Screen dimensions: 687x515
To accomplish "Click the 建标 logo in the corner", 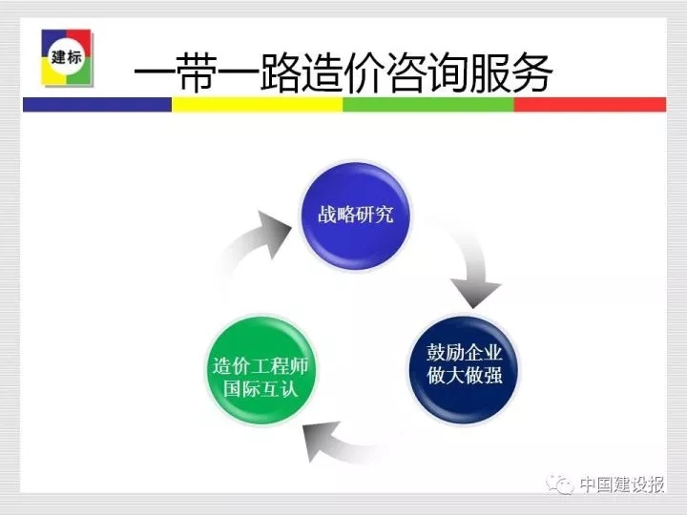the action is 67,57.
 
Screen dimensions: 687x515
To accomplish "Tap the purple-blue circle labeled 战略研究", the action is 354,216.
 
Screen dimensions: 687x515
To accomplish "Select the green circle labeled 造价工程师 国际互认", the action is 261,370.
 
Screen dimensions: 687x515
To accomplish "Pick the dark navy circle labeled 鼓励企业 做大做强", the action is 464,370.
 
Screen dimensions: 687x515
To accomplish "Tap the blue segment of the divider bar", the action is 96,105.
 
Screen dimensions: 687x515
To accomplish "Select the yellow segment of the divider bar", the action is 257,105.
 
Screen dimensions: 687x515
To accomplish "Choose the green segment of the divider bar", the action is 428,105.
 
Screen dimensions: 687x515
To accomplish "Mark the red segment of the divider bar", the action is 591,105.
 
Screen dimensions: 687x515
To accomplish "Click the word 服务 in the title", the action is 510,72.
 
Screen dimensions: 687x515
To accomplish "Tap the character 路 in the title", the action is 280,72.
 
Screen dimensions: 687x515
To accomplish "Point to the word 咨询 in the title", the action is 427,72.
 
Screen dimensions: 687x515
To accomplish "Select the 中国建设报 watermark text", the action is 622,484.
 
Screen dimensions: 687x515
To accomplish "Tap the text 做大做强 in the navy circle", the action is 465,376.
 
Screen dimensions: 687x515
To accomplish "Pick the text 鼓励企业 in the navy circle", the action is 465,353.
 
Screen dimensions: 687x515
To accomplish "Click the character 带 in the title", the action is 196,72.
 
